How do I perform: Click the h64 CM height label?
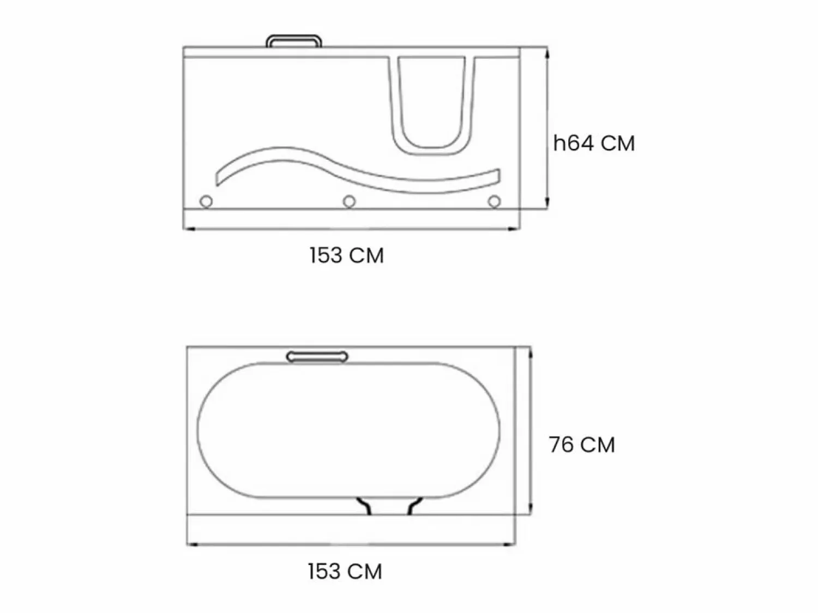point(594,143)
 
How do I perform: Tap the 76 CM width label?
point(582,444)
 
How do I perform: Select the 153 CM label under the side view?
point(347,255)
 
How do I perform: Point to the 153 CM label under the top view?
point(345,571)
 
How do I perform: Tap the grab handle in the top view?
point(317,357)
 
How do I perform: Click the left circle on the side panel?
point(206,202)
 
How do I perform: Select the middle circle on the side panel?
point(349,202)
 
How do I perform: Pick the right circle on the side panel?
point(495,202)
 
